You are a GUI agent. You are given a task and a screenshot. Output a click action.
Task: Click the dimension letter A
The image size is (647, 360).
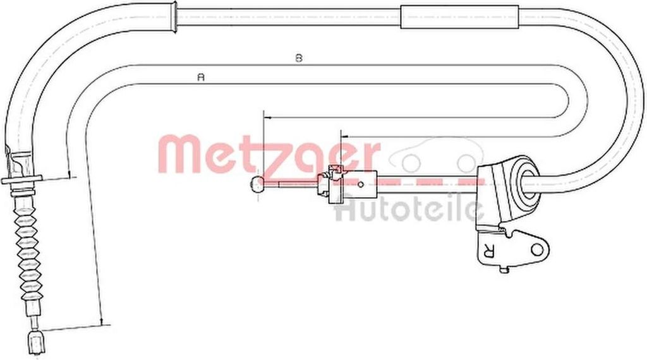[201, 77]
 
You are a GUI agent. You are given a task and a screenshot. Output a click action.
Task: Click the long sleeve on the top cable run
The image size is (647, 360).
[459, 16]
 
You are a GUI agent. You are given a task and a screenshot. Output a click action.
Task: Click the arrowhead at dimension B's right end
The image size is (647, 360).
[344, 135]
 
